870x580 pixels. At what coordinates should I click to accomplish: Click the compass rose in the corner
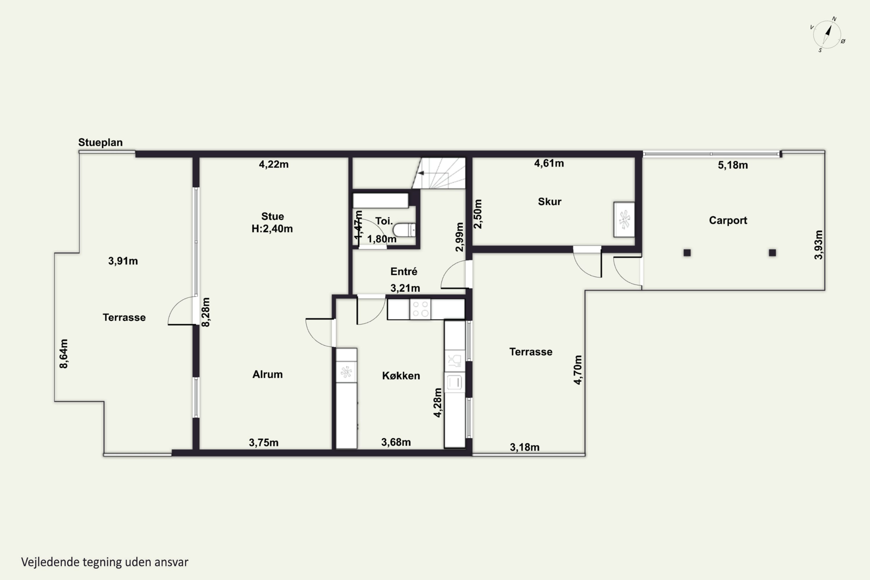[827, 35]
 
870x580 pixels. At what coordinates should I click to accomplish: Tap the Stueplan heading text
[100, 142]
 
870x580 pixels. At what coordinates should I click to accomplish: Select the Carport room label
[728, 220]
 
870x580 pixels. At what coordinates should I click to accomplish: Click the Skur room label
[549, 202]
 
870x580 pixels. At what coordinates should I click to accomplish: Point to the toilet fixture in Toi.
[404, 230]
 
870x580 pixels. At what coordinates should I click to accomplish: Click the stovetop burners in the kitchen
[420, 309]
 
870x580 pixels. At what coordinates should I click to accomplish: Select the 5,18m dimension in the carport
[733, 165]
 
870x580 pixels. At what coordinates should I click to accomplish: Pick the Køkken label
[401, 376]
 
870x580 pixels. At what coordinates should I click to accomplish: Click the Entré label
[404, 271]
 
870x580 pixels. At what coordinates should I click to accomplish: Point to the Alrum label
[267, 374]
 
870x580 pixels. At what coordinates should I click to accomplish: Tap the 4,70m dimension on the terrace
[578, 370]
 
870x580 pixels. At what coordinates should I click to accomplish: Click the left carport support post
[687, 253]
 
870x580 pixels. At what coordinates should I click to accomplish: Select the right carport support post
[772, 253]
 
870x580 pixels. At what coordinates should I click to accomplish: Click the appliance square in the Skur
[624, 219]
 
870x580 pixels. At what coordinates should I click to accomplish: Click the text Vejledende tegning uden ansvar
[105, 562]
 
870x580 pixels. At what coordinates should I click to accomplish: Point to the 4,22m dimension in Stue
[274, 164]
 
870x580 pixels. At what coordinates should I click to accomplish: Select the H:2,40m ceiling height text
[272, 229]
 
